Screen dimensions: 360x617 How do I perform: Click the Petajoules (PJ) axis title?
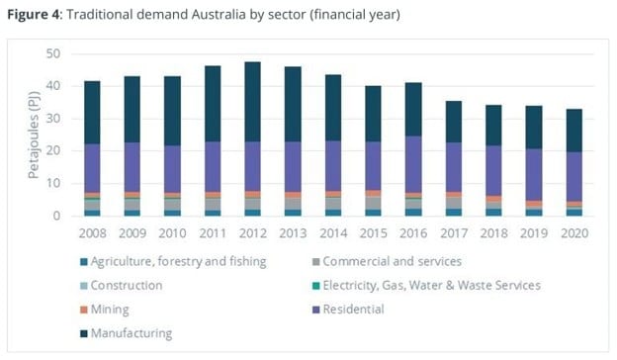pyautogui.click(x=32, y=134)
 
